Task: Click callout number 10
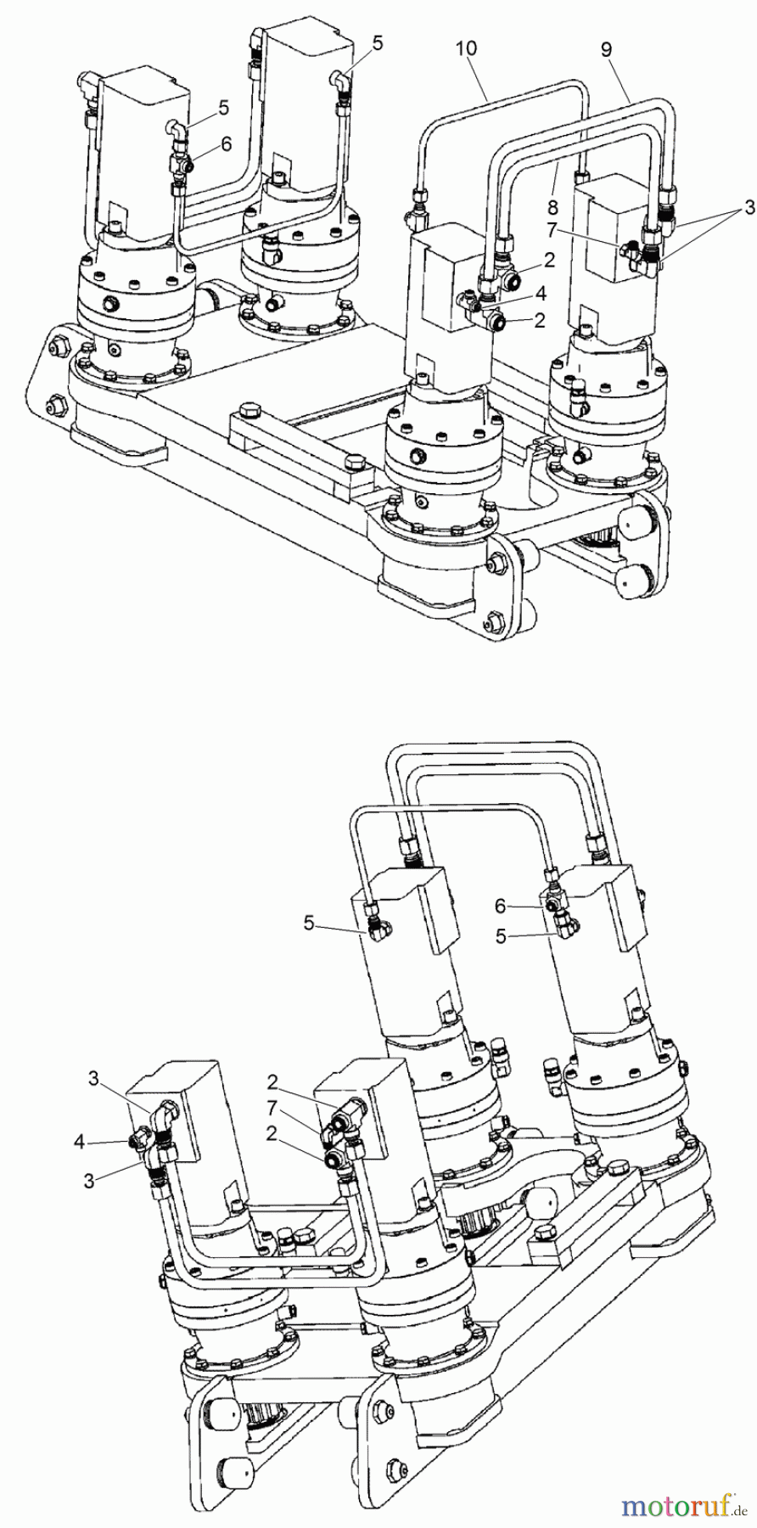pyautogui.click(x=466, y=49)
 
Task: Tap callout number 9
pyautogui.click(x=606, y=49)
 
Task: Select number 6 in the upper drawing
pyautogui.click(x=227, y=145)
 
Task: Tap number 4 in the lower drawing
pyautogui.click(x=79, y=1142)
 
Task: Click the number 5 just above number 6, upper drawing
pyautogui.click(x=223, y=108)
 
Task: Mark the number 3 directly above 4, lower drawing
pyautogui.click(x=94, y=1078)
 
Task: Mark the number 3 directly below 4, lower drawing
pyautogui.click(x=94, y=1177)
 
